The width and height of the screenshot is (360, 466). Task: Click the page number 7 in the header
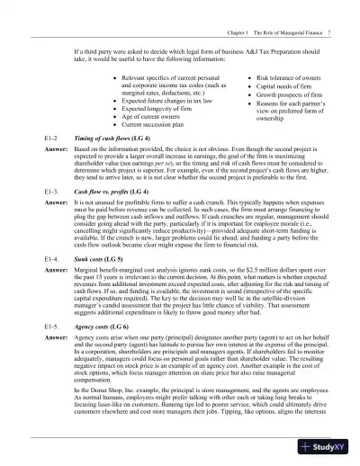(x=331, y=8)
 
